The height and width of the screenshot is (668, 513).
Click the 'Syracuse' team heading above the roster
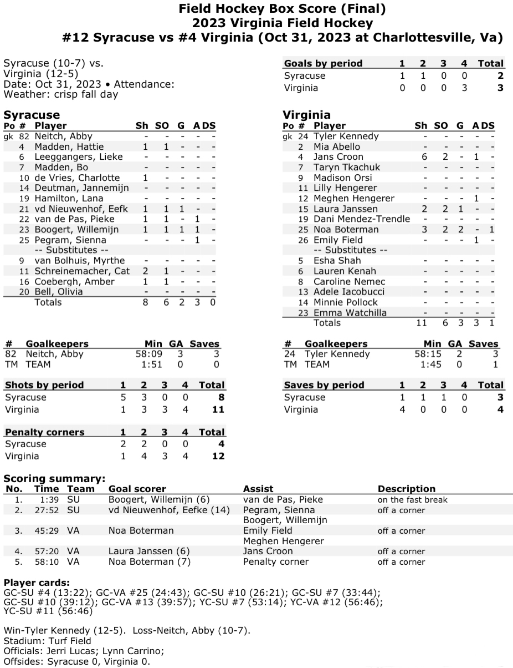(32, 115)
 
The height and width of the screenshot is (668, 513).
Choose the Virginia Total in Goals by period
(500, 88)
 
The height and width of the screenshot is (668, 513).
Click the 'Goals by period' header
(323, 63)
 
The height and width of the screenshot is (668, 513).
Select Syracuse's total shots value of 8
(220, 397)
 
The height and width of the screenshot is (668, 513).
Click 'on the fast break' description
(412, 500)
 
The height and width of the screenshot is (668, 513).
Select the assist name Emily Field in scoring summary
(268, 531)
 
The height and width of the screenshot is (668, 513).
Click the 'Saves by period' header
(324, 385)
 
